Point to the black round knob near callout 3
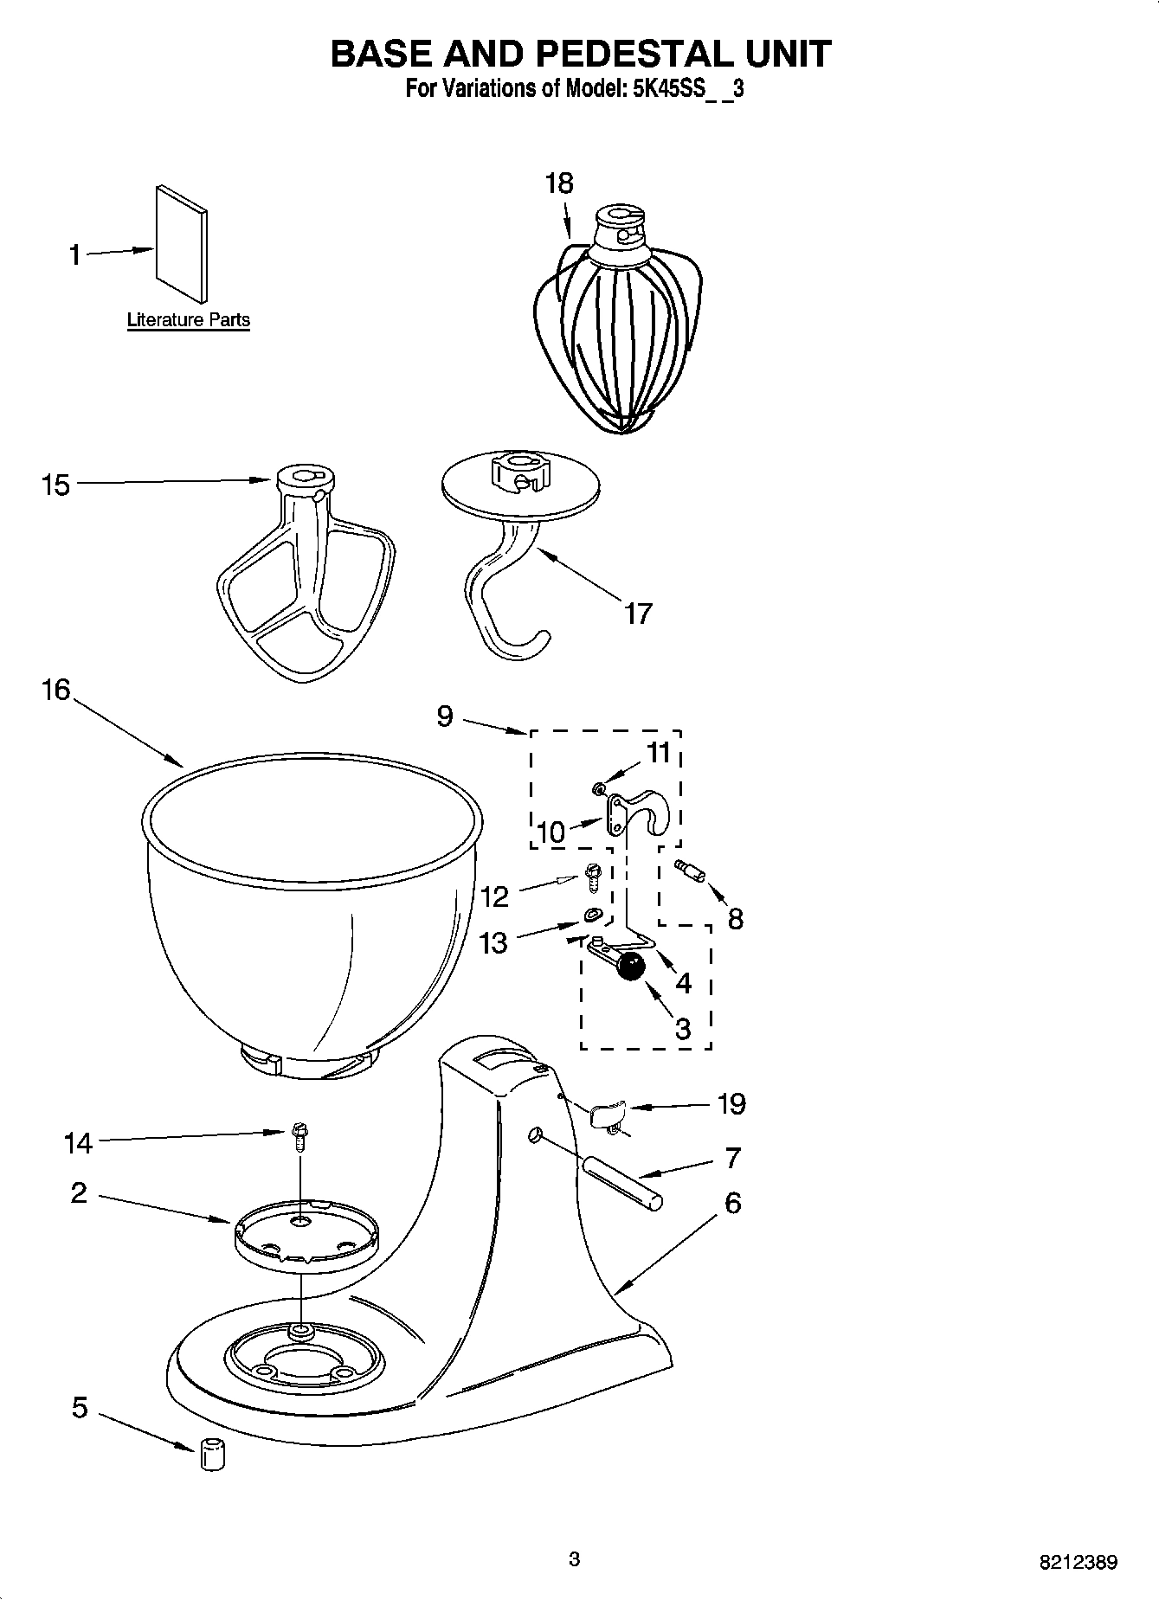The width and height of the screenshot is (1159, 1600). tap(632, 966)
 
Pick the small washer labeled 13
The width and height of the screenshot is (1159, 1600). tap(593, 913)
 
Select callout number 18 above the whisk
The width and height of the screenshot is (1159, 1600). tap(559, 183)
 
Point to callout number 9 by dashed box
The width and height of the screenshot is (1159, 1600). tap(444, 716)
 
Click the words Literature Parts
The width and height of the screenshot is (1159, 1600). tap(188, 320)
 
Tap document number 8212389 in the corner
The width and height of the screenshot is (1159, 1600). tap(1078, 1563)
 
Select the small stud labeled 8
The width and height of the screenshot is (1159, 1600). tap(692, 869)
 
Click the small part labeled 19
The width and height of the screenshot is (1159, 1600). tap(608, 1115)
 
